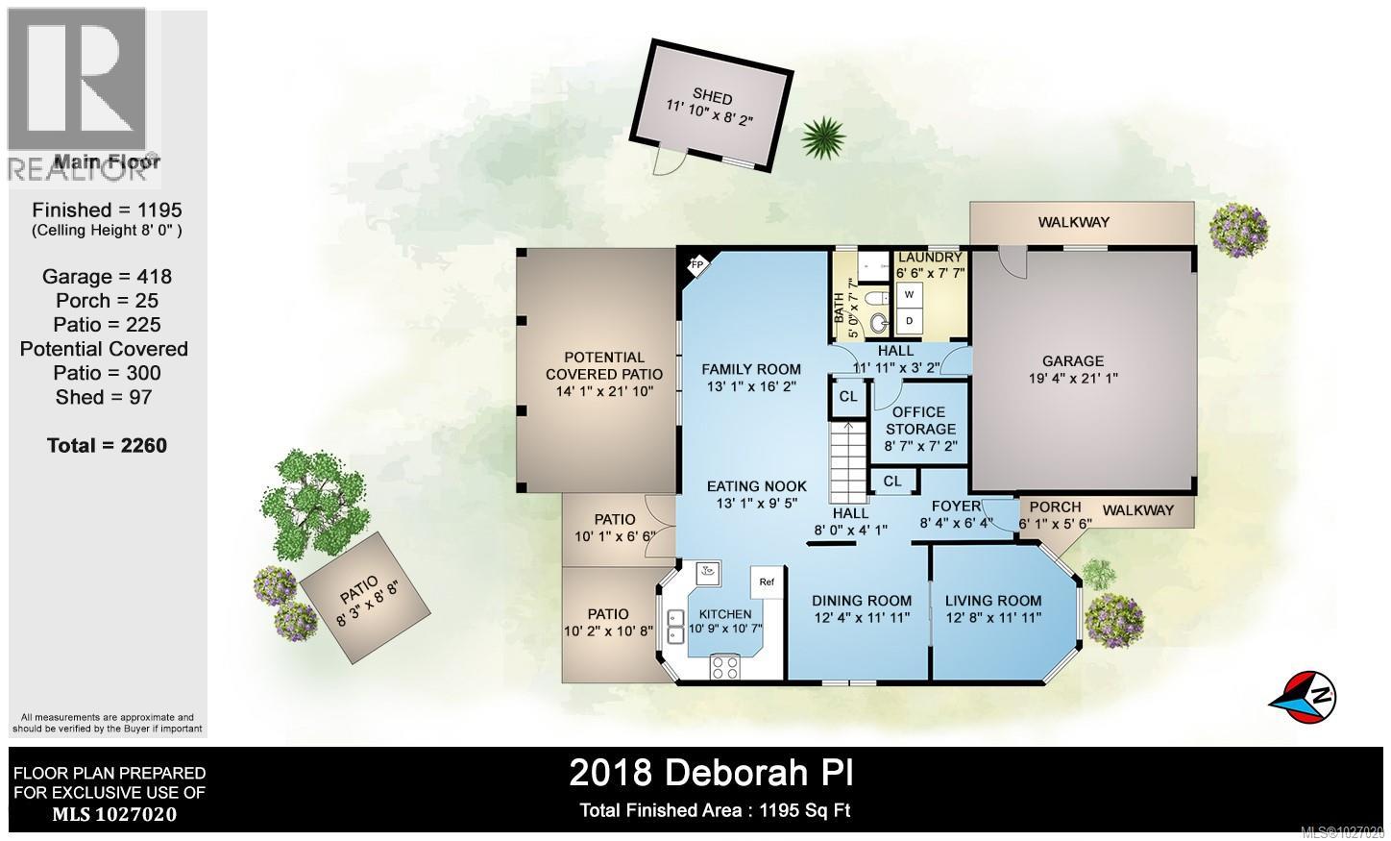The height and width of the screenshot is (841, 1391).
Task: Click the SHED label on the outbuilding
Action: click(x=713, y=98)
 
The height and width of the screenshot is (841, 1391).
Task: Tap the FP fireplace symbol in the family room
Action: click(x=697, y=264)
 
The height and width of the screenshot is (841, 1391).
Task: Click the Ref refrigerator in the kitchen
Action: click(x=768, y=582)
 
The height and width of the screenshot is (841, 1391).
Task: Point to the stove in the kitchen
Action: click(x=725, y=665)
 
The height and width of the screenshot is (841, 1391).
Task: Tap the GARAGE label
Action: click(x=1073, y=361)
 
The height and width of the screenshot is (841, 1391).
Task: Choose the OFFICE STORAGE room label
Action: click(x=920, y=420)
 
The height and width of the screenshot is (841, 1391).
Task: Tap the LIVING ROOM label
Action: click(x=993, y=601)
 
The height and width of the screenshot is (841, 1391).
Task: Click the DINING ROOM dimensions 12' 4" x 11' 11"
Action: click(x=862, y=618)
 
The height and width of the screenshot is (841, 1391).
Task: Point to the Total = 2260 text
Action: click(x=107, y=445)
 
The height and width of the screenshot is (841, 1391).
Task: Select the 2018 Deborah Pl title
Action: click(x=711, y=772)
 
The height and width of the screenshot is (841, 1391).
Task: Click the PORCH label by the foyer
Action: click(x=1055, y=507)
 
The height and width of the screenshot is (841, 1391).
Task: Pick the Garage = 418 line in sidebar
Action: click(x=107, y=277)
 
